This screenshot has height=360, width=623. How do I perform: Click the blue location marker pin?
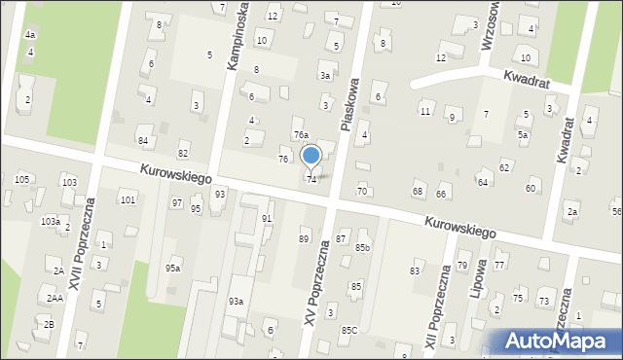(x=311, y=157)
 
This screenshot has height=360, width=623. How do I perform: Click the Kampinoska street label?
(x=236, y=37)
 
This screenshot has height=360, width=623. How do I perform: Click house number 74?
(x=311, y=179)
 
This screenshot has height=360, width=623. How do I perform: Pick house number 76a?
(x=301, y=135)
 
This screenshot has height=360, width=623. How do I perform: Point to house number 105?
(x=22, y=179)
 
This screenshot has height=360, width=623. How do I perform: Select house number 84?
(x=143, y=141)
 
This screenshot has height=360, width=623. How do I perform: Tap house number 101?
(x=128, y=199)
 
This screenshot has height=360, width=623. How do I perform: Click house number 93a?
(x=236, y=302)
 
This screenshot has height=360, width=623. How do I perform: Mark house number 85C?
(x=348, y=330)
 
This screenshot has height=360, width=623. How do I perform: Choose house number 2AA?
(x=55, y=298)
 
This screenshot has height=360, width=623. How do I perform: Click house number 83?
(x=416, y=270)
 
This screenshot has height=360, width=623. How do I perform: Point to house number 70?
(x=362, y=191)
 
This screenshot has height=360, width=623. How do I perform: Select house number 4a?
(x=30, y=35)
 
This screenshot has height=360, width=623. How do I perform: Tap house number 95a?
(x=172, y=268)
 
